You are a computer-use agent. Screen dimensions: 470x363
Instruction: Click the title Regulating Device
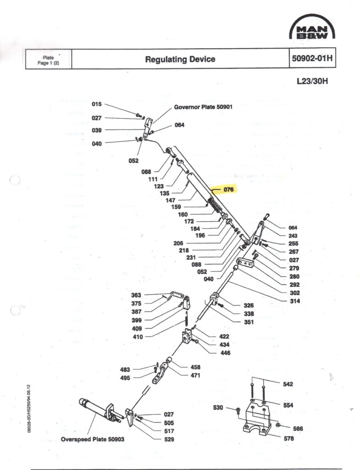click(x=180, y=59)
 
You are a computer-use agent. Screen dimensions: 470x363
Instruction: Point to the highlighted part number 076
click(x=229, y=189)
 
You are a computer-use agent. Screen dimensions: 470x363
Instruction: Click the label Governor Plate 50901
click(x=203, y=108)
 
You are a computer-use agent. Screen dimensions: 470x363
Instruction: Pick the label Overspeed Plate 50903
click(x=92, y=439)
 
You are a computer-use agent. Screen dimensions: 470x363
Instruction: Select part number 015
click(x=96, y=104)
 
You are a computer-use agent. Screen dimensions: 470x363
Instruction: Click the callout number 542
click(x=288, y=384)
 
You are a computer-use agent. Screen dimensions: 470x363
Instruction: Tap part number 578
click(x=289, y=438)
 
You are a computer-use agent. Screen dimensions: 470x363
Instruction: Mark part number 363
click(x=136, y=295)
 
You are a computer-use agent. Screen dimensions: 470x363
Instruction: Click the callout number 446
click(x=225, y=353)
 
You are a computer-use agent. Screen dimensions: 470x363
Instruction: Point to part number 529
click(x=169, y=439)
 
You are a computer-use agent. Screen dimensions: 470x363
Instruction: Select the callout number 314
click(x=295, y=301)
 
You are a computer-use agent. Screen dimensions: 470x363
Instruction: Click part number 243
click(x=293, y=236)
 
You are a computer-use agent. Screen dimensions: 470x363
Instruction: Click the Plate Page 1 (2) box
click(x=48, y=60)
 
